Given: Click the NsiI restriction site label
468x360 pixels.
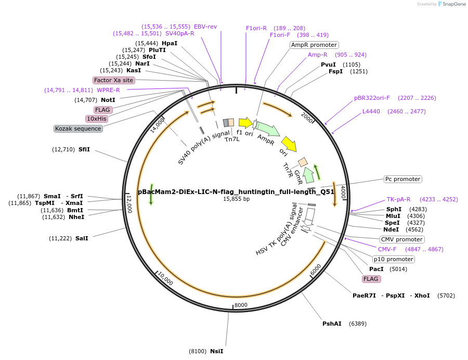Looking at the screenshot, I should pos(216,351).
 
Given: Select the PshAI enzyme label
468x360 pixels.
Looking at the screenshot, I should pos(332,324).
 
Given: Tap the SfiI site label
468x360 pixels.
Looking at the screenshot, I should pos(84,149).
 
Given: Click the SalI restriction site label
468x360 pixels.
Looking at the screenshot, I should pos(82,238).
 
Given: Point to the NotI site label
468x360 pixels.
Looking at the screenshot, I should pos(108,100).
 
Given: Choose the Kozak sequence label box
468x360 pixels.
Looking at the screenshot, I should pos(78,128).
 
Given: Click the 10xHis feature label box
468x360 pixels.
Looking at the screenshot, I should pos(97,119).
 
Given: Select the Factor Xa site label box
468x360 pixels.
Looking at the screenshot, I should pos(113,80).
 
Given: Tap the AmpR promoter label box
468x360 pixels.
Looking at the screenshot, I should pos(314,45).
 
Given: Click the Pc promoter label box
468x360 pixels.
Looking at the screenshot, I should pos(402,179).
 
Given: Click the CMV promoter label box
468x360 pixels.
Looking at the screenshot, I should pos(401,239).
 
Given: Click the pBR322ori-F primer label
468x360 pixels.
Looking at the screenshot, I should pos(372,98).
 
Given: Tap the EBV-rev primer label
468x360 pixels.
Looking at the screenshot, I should pos(205,27).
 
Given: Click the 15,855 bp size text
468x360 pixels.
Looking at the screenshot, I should pos(237,199).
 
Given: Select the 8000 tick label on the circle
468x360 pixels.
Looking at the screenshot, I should pos(241,305).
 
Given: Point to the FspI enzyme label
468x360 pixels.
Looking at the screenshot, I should pos(335,71).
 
